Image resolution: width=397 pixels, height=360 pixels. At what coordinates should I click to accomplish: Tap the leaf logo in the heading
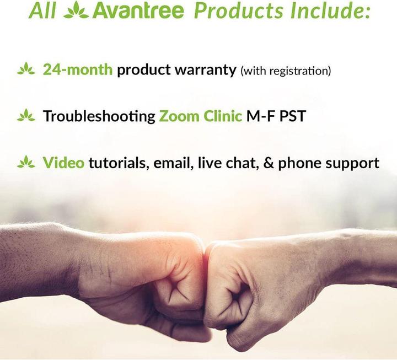76,11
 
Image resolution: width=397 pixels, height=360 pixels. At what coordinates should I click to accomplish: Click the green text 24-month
78,70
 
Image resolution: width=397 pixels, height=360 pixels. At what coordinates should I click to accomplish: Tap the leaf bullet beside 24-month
26,69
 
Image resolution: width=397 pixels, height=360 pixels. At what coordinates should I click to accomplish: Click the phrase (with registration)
285,71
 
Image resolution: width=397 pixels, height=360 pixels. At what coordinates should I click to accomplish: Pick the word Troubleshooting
99,116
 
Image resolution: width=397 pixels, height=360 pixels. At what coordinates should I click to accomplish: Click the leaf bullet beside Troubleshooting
26,116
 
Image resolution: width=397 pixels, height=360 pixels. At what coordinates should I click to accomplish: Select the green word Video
63,163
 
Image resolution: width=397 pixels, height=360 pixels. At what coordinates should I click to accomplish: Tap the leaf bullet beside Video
26,162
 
